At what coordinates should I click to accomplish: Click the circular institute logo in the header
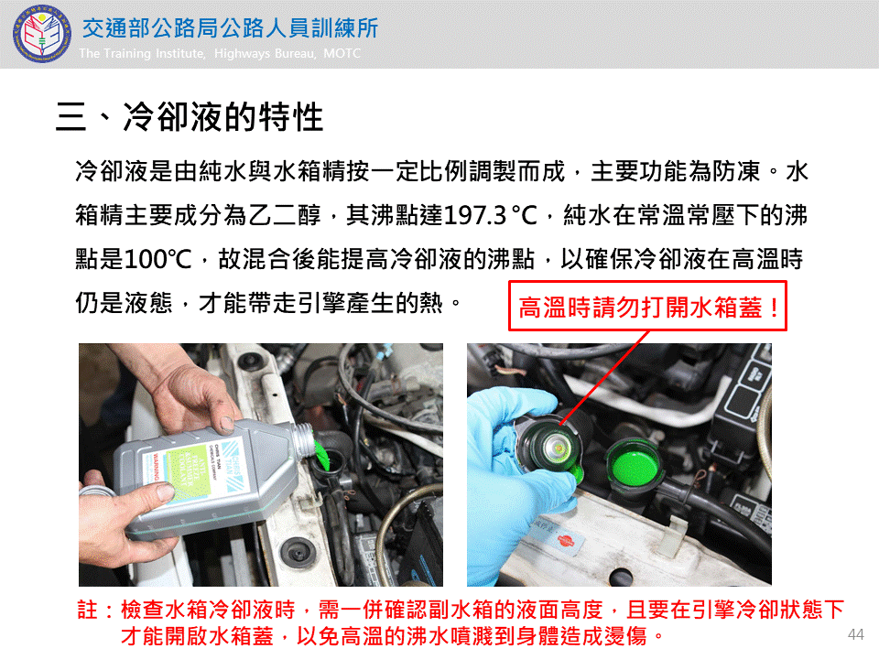(x=42, y=34)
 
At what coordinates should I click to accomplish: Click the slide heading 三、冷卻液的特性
(x=190, y=116)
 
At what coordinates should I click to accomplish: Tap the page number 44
(x=855, y=634)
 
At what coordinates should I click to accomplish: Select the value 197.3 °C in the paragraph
(x=490, y=215)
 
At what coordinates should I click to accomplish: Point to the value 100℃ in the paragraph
(x=157, y=259)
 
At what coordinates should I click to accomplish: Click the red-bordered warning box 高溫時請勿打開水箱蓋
(x=647, y=306)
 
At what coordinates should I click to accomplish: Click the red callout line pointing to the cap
(x=604, y=378)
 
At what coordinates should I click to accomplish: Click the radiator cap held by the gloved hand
(x=550, y=448)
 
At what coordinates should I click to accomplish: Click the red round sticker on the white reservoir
(x=565, y=541)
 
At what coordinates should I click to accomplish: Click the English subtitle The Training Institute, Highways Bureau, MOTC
(x=220, y=53)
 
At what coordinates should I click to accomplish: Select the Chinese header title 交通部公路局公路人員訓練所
(x=231, y=28)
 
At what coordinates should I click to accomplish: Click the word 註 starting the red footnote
(x=88, y=610)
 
